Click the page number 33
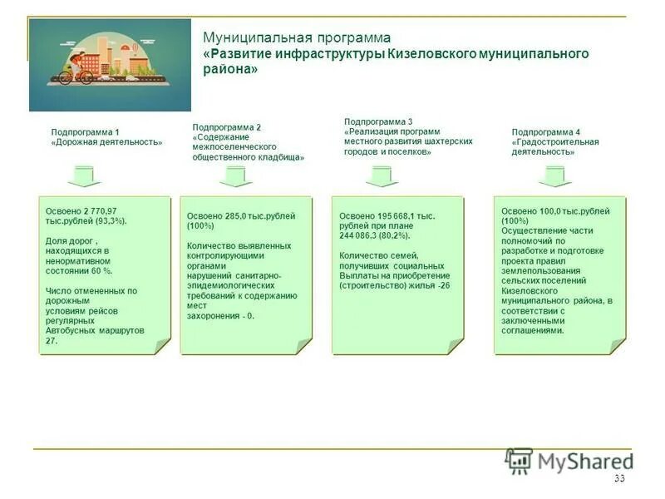pyautogui.click(x=618, y=478)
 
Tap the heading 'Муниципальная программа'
pyautogui.click(x=297, y=38)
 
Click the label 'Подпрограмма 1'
pyautogui.click(x=85, y=132)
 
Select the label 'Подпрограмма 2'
pyautogui.click(x=226, y=126)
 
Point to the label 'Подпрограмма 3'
pyautogui.click(x=378, y=121)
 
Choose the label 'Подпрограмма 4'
pyautogui.click(x=545, y=132)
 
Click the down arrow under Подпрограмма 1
pyautogui.click(x=84, y=176)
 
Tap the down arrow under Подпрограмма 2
pyautogui.click(x=236, y=176)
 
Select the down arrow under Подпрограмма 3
pyautogui.click(x=382, y=176)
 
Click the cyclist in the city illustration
pyautogui.click(x=76, y=67)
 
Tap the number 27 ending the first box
pyautogui.click(x=52, y=341)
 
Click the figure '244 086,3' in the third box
pyautogui.click(x=360, y=236)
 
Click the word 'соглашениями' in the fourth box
pyautogui.click(x=532, y=330)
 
